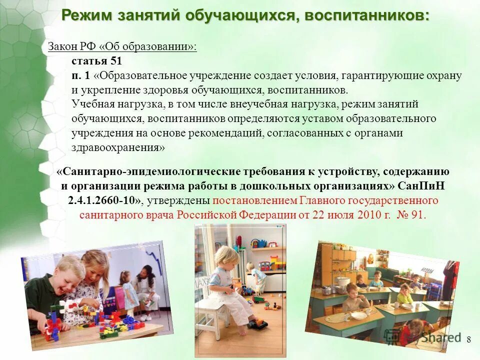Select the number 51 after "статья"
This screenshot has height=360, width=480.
(x=115, y=61)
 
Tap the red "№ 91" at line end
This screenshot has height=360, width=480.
(x=411, y=215)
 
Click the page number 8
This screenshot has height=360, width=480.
(x=468, y=340)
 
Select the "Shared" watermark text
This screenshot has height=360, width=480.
(x=440, y=337)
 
